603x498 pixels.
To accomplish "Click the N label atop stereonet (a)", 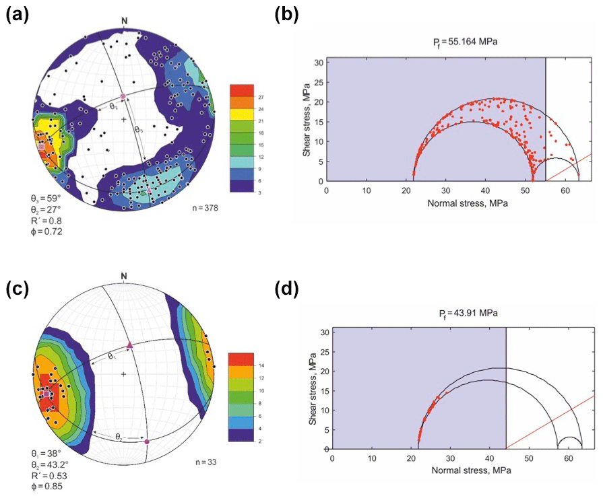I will click(x=124, y=21).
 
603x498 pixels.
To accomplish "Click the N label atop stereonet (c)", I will click(x=124, y=277).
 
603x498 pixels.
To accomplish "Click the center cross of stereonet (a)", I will click(x=124, y=119).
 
